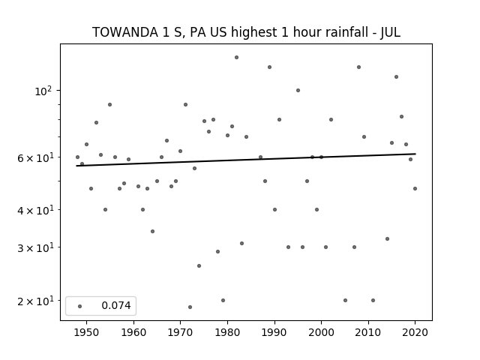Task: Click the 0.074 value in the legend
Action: (116, 305)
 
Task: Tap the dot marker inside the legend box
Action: (80, 306)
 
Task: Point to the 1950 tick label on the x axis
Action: (87, 332)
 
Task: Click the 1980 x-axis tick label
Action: (227, 332)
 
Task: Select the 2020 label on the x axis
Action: (415, 332)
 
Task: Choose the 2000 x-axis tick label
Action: (321, 332)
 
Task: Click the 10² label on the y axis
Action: (43, 91)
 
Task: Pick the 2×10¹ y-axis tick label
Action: (35, 301)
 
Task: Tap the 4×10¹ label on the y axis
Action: (35, 210)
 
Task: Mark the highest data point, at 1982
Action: (237, 57)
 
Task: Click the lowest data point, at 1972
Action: (190, 307)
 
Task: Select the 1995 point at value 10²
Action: (298, 90)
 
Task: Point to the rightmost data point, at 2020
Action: (415, 188)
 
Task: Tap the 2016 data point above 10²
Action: (397, 76)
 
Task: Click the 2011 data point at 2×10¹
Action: (373, 300)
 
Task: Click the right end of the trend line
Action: (415, 154)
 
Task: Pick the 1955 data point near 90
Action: (110, 105)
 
